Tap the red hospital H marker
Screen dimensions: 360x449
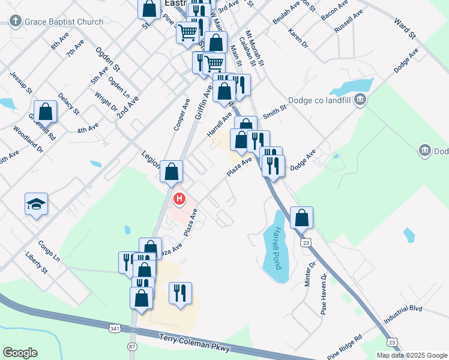point(178,199)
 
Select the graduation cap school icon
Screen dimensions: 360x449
point(36,204)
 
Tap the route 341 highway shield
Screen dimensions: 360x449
point(115,329)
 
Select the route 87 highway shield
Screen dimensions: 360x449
point(132,347)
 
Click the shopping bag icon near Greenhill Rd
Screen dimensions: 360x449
point(45,112)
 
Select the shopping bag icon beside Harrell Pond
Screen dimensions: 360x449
point(302,218)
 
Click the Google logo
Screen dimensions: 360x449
point(20,353)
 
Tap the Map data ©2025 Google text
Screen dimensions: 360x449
point(412,355)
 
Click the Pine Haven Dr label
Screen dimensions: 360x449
point(324,294)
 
